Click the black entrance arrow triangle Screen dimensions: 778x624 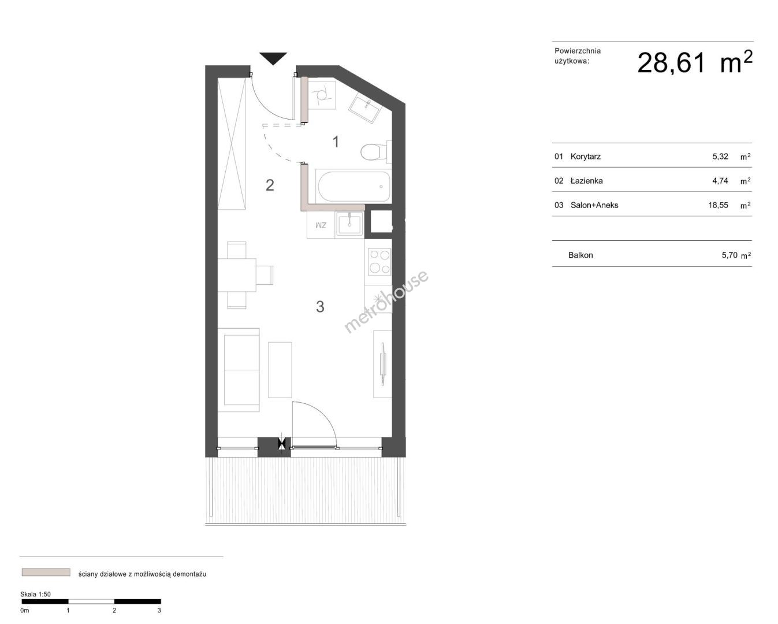tap(273, 58)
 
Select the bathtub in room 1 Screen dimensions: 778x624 tap(353, 186)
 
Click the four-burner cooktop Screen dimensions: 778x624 tap(379, 262)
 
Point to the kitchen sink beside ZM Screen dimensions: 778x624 tap(349, 224)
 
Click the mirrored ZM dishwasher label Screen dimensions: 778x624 tap(321, 225)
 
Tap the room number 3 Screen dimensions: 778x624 tap(320, 307)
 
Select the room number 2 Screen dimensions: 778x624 tap(270, 185)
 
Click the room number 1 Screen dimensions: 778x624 tap(336, 142)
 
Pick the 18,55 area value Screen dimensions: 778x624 tap(719, 206)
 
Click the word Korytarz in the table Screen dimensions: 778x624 tap(586, 157)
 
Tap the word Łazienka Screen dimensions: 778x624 tap(586, 181)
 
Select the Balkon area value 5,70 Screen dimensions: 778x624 tap(729, 255)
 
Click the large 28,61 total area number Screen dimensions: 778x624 tap(671, 63)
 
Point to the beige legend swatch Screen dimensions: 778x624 tap(46, 572)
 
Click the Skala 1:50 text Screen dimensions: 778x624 tap(35, 595)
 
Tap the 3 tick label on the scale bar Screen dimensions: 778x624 tap(159, 610)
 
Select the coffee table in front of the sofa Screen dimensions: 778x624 tap(280, 370)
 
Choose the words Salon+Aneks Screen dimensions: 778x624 tap(594, 205)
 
